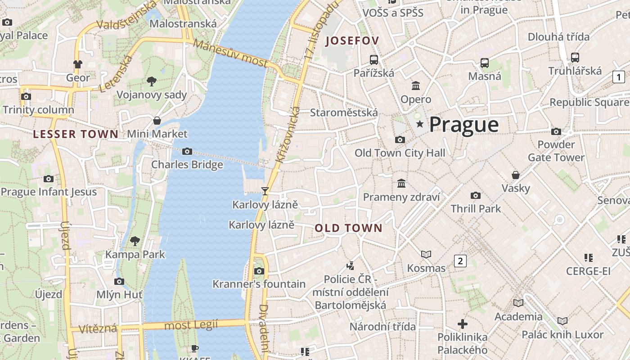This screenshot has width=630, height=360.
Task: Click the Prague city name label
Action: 464,125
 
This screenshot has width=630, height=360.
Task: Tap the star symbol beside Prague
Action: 420,124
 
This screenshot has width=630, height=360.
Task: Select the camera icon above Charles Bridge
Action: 187,152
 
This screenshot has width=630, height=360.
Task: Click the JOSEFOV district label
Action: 352,41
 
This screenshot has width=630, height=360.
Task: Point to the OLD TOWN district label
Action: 348,228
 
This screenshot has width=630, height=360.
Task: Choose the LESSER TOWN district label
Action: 76,134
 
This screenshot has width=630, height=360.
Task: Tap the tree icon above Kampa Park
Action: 135,241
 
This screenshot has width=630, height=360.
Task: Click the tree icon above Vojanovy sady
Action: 152,81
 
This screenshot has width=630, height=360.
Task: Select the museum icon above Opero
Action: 416,85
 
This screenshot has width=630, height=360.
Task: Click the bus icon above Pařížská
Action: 373,59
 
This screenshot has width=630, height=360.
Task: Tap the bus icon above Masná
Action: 484,63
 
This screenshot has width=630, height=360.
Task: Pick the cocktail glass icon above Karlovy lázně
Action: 265,191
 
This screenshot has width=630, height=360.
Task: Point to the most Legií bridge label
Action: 191,325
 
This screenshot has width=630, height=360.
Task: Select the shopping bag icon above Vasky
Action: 516,175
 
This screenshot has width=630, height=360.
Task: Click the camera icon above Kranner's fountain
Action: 259,271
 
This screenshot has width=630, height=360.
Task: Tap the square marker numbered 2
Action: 460,261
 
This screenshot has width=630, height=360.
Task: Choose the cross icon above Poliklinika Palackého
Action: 462,324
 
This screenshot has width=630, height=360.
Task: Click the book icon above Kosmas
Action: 426,255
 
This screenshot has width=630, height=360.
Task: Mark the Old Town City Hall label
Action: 400,153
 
